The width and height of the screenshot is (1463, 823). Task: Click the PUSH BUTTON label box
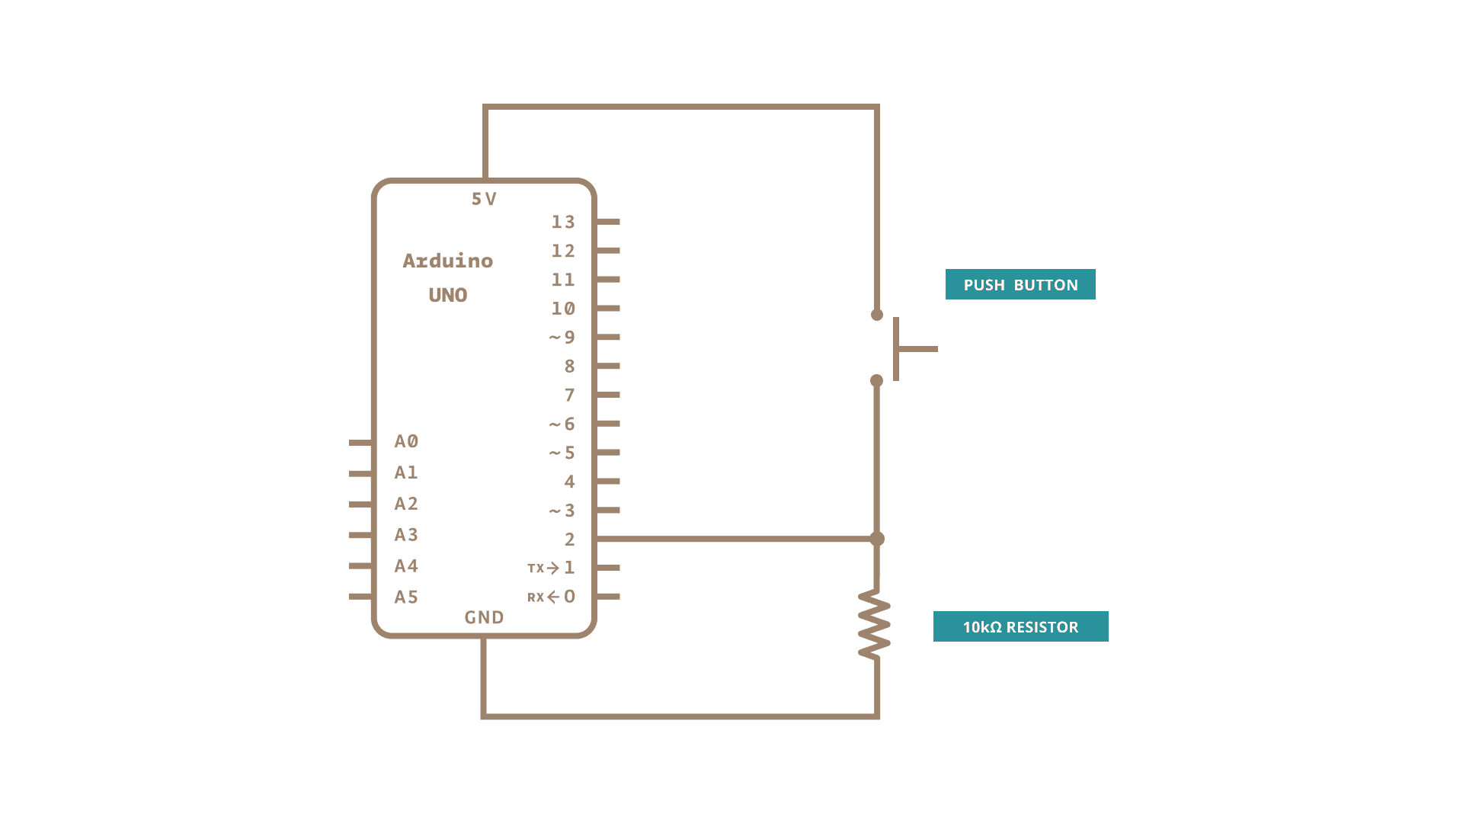tap(1020, 284)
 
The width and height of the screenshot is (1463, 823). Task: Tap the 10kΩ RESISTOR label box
tap(1020, 626)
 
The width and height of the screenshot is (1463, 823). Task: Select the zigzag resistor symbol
tap(875, 623)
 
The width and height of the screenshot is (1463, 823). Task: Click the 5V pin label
tap(484, 199)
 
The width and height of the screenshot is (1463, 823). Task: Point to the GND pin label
tap(484, 617)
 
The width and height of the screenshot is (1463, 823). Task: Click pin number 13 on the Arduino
tap(563, 222)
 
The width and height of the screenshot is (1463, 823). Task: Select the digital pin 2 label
tap(569, 540)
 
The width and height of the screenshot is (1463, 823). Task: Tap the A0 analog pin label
tap(406, 441)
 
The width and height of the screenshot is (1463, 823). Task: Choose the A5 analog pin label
tap(406, 597)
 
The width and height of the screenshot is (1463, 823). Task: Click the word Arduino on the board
tap(448, 261)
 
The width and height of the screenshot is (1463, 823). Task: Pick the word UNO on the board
tap(448, 295)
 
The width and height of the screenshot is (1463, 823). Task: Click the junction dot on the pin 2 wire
tap(877, 539)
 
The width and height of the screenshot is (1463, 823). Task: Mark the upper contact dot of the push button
tap(877, 315)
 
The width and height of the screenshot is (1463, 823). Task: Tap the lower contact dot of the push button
tap(877, 380)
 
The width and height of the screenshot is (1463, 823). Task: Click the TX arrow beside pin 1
tap(553, 568)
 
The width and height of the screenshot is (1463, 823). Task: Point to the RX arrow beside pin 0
tap(553, 597)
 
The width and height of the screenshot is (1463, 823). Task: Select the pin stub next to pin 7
tap(608, 395)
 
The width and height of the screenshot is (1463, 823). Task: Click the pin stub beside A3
tap(360, 535)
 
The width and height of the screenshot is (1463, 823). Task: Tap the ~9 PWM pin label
tap(562, 338)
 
